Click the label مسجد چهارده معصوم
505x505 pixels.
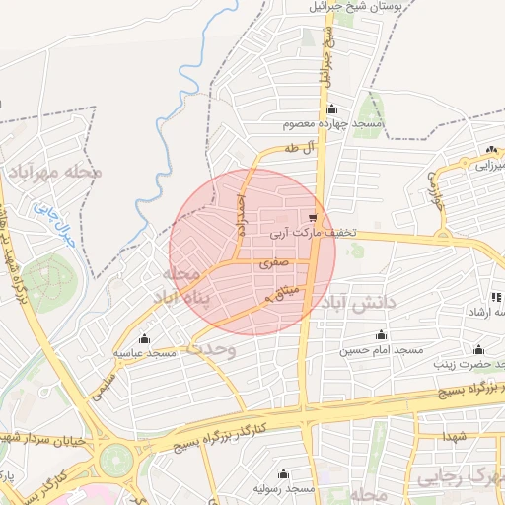click(331, 124)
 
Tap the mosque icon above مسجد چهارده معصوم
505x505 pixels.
click(331, 109)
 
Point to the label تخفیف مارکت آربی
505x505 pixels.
click(313, 234)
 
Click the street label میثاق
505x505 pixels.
click(282, 292)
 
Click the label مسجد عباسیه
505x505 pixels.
click(144, 352)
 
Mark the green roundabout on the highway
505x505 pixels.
click(115, 458)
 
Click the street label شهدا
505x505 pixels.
click(454, 435)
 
